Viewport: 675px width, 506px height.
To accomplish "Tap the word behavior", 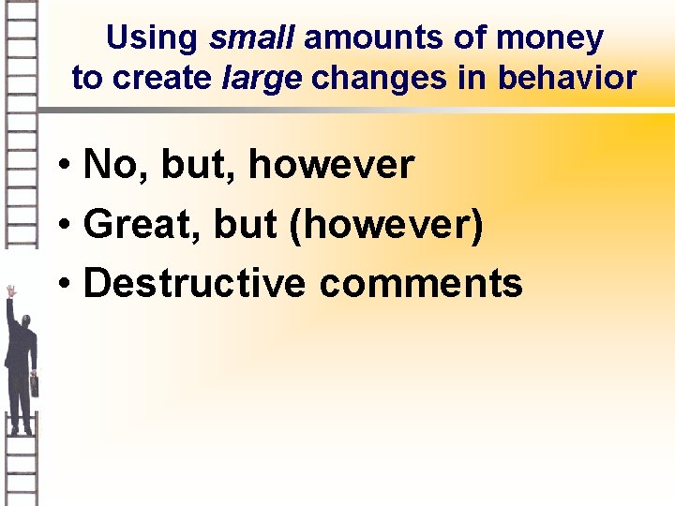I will (x=567, y=78).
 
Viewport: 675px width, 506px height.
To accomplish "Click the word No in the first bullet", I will (x=111, y=166).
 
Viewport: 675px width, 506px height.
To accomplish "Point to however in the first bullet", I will (x=330, y=166).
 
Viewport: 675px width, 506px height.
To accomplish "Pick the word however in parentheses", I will (x=385, y=225).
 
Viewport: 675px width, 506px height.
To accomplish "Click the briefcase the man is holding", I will (x=35, y=383).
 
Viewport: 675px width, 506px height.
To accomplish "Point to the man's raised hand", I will (x=10, y=291).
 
